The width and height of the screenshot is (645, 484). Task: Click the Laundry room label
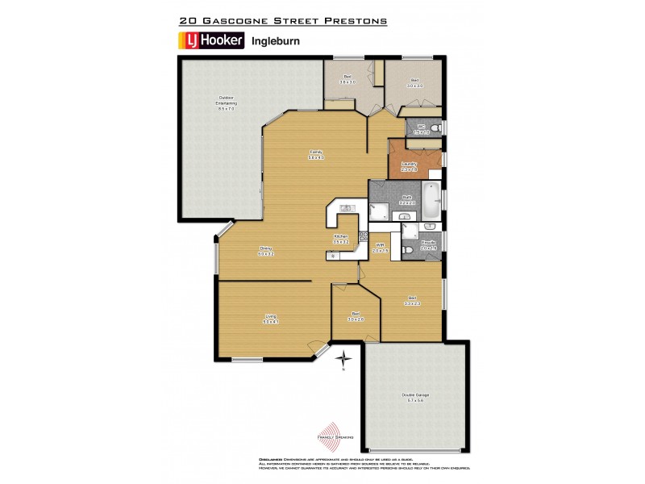coord(410,165)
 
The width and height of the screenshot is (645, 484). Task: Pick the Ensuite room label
coord(428,244)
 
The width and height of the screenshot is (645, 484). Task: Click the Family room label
coord(314,154)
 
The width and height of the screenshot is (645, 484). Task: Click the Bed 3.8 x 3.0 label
coord(347,81)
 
